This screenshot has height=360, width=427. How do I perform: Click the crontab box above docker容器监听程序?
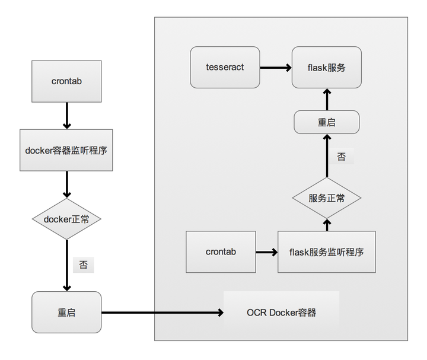pos(66,81)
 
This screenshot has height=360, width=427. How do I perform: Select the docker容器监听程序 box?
pos(66,150)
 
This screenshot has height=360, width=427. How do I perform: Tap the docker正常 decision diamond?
pos(66,219)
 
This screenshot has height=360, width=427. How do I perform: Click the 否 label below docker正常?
pos(83,265)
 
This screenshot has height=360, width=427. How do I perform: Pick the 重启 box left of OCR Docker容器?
pos(66,312)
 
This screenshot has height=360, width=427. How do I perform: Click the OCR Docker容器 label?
pos(281,312)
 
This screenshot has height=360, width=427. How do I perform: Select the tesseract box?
pos(225,67)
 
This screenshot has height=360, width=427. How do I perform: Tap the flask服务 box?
pos(326,67)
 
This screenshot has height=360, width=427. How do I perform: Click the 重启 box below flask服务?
pos(326,122)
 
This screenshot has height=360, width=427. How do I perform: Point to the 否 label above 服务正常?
pos(342,157)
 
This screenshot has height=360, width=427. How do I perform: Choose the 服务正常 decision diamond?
pos(326,198)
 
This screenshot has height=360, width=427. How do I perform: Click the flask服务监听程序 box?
pos(326,252)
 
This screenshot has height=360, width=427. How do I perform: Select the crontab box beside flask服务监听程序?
pos(221,252)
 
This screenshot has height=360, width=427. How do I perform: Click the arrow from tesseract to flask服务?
pos(276,67)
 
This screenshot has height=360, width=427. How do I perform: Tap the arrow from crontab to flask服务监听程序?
pos(266,253)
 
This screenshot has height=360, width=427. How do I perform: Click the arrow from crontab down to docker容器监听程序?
pos(66,115)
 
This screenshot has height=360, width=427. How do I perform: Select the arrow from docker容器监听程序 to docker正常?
pos(66,184)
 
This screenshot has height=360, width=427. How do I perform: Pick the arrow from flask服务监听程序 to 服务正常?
pos(326,225)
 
